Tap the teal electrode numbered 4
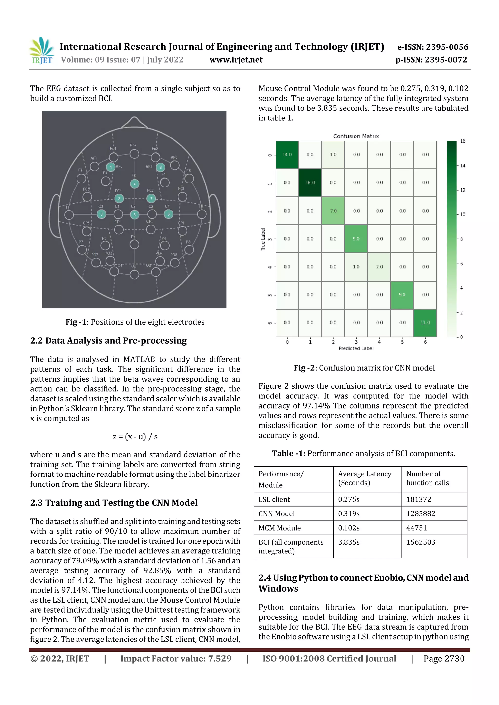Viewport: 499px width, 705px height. tap(134, 184)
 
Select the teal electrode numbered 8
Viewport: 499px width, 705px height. tap(161, 167)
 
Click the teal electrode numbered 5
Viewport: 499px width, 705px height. tap(134, 215)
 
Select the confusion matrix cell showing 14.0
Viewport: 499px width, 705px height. tap(287, 155)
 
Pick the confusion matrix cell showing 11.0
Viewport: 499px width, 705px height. tap(425, 323)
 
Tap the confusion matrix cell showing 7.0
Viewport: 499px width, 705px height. tap(333, 211)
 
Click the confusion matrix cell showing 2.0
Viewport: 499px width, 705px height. tap(379, 267)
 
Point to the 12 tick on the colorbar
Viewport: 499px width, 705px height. tap(462, 190)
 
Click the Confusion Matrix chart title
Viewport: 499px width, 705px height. tap(356, 136)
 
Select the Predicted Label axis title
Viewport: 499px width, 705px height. tap(356, 348)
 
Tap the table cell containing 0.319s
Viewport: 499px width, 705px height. tap(367, 513)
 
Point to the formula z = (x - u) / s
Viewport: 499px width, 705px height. tap(135, 437)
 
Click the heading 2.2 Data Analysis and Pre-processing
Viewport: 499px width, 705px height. tap(108, 340)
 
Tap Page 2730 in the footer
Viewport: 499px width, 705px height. tap(444, 658)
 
